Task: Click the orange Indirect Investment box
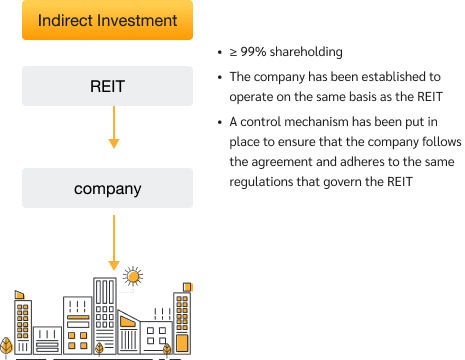point(107,20)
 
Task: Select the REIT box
point(107,87)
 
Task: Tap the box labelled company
point(107,188)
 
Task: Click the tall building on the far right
point(182,318)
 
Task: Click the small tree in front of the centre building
point(99,348)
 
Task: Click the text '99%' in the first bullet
point(255,52)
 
